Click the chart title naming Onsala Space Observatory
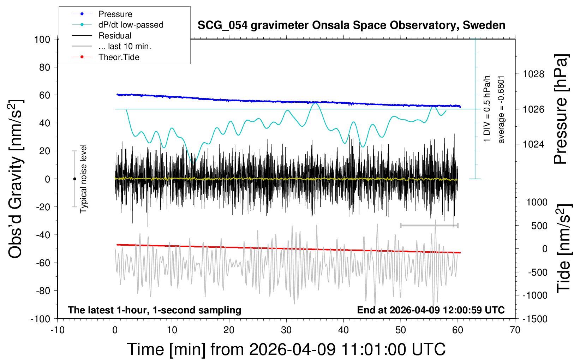tap(351, 25)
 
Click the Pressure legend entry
tap(115, 14)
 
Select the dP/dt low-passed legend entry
tap(131, 25)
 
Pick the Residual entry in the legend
tap(115, 36)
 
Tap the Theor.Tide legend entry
tap(119, 57)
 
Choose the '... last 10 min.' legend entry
tap(125, 46)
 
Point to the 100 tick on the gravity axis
tap(42, 39)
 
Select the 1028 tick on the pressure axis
tap(533, 74)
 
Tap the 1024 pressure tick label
tap(533, 144)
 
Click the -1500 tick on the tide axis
tap(535, 319)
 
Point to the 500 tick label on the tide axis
tap(539, 226)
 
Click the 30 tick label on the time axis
tap(286, 330)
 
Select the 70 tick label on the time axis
tap(515, 330)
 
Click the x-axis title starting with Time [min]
tap(286, 349)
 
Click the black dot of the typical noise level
tap(74, 179)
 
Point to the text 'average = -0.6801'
tap(501, 109)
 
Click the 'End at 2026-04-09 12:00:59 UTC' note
tap(431, 310)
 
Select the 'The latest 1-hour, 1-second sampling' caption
tap(155, 310)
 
